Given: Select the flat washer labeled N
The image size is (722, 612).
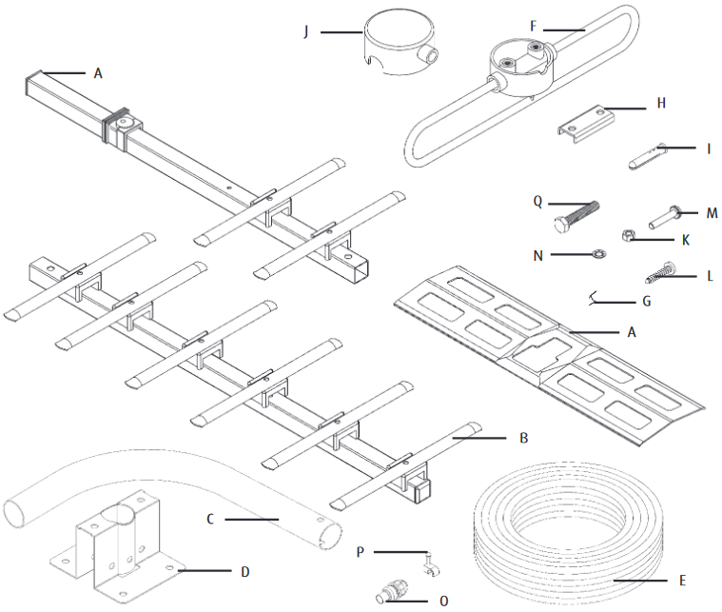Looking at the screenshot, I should click(x=599, y=254).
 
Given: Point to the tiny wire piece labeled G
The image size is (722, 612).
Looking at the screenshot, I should click(x=599, y=298).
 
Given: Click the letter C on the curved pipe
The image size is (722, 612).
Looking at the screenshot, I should click(x=210, y=519).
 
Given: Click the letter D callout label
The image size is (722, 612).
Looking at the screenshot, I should click(x=244, y=572).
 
